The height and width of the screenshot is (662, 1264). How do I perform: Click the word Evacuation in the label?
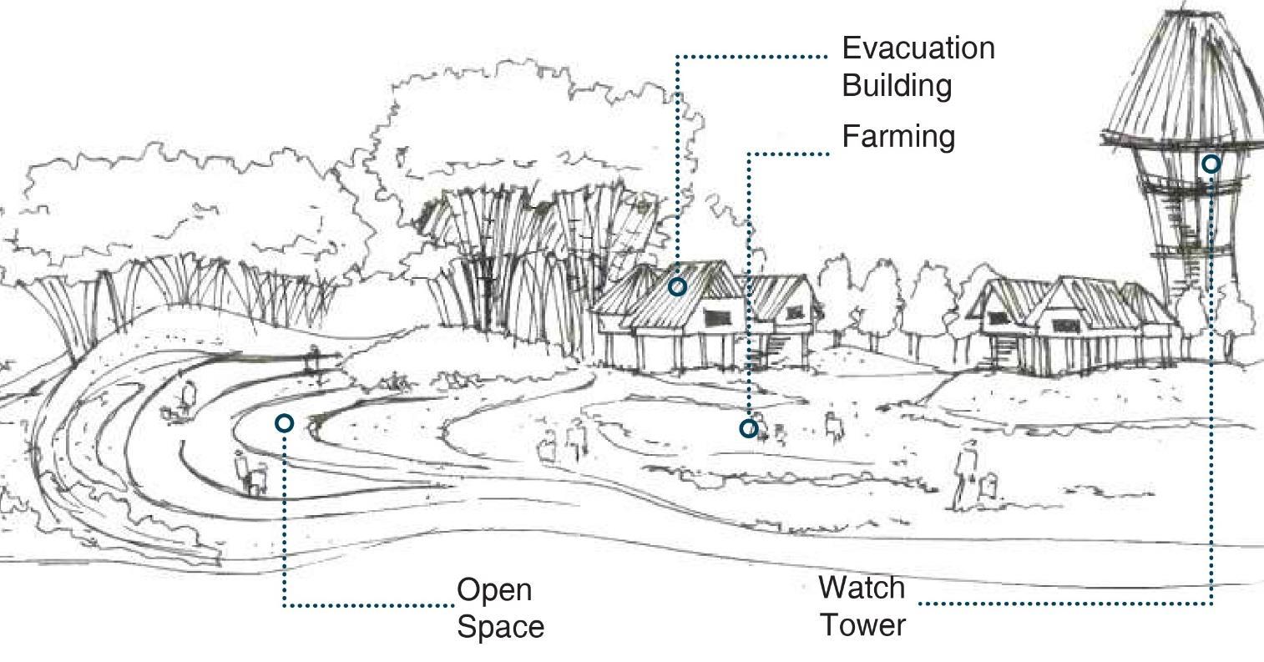tap(918, 48)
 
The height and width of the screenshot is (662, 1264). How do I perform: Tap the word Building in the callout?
tap(897, 85)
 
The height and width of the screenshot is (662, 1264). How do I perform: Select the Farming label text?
tap(898, 136)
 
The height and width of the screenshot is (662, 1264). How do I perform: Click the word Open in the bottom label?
tap(494, 590)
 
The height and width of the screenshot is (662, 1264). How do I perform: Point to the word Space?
tap(500, 626)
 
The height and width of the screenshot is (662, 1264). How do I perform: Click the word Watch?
tap(862, 588)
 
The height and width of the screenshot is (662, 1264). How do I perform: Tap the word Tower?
tap(862, 624)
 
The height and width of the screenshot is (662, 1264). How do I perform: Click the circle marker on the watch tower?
tap(1211, 164)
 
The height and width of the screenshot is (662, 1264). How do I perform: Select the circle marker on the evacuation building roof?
tap(677, 286)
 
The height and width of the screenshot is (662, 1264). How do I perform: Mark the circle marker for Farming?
tap(749, 428)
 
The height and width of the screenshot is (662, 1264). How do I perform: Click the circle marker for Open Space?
tap(284, 423)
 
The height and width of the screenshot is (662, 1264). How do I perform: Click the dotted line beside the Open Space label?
tap(367, 604)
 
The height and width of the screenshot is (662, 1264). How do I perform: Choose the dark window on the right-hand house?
tap(1064, 325)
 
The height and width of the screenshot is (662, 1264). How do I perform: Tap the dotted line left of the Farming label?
tap(789, 154)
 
